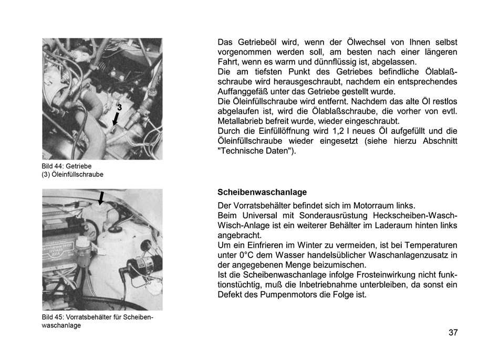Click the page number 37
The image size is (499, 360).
453,332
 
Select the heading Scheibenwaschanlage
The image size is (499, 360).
262,193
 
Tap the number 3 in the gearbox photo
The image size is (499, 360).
119,107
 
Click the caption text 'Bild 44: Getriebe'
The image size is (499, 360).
67,166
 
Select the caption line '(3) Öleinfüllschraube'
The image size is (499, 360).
72,175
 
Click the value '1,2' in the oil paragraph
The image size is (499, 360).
339,131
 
